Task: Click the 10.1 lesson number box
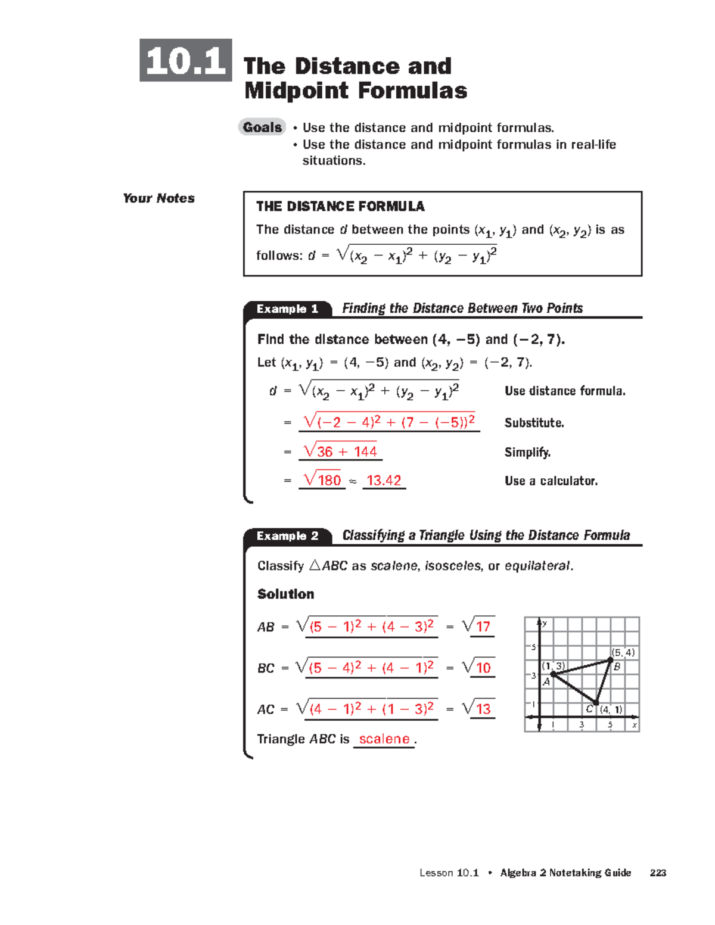coord(185,60)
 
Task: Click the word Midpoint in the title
coord(296,91)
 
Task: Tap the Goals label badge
coord(262,127)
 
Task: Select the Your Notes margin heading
coord(158,198)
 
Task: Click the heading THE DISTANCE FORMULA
coord(340,207)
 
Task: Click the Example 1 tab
coord(287,309)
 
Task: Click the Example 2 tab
coord(287,536)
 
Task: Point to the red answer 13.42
coord(384,481)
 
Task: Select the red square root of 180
coord(322,480)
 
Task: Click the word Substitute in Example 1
coord(534,423)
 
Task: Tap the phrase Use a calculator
coord(551,481)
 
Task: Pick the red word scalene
coord(384,739)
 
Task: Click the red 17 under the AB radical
coord(483,627)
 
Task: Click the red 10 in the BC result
coord(483,668)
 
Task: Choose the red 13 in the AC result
coord(483,709)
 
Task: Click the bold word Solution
coord(285,594)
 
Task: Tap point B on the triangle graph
coord(610,660)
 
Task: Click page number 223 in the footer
coord(658,873)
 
